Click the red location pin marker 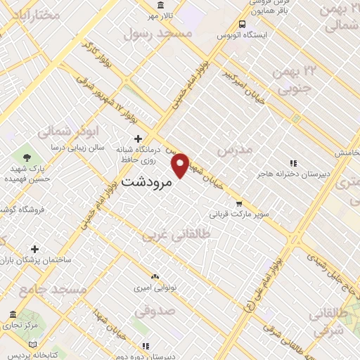pyautogui.click(x=181, y=165)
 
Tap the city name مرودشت pyautogui.click(x=147, y=181)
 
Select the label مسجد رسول pyautogui.click(x=157, y=33)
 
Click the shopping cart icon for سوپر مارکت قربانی pyautogui.click(x=239, y=204)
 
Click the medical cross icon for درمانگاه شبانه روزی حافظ pyautogui.click(x=138, y=139)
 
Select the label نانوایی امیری pyautogui.click(x=154, y=288)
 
